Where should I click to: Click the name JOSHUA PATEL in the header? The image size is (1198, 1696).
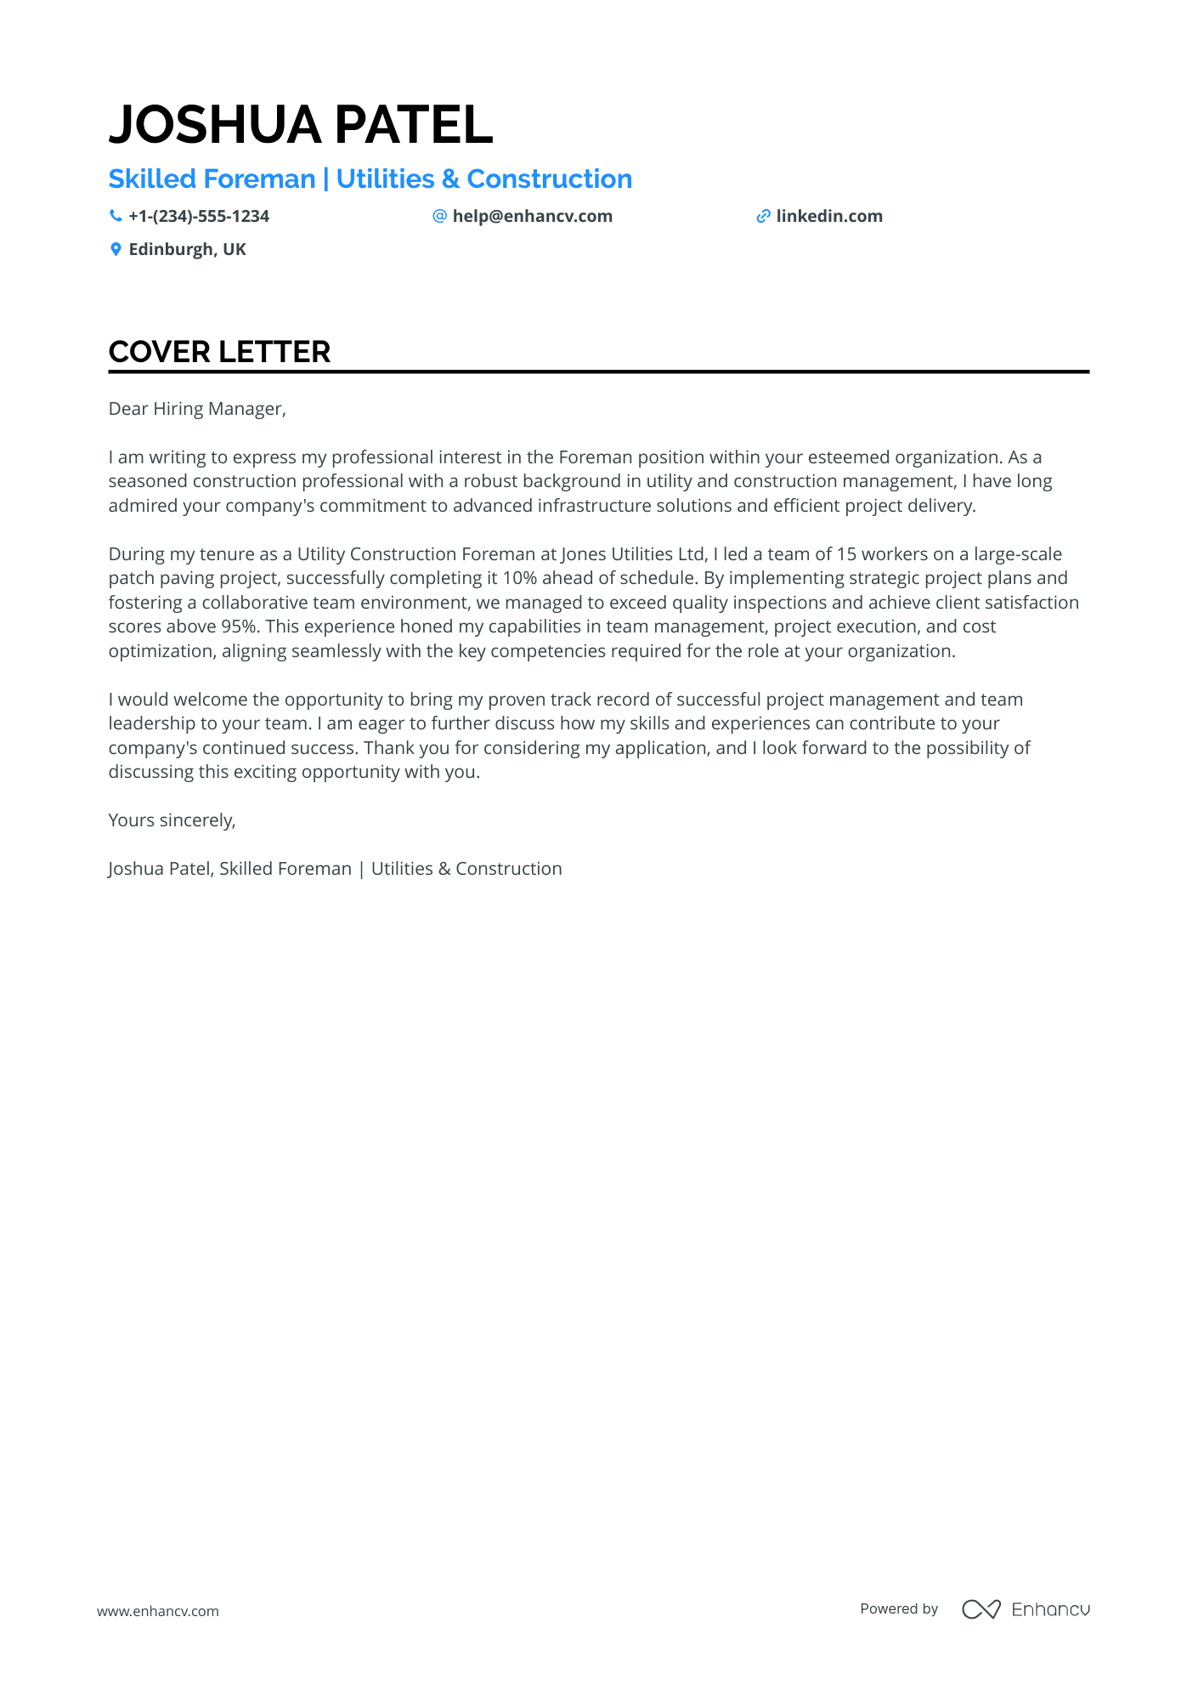[x=300, y=125]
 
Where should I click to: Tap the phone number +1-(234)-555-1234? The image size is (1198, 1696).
[x=199, y=217]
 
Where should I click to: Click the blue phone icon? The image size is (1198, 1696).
[x=116, y=217]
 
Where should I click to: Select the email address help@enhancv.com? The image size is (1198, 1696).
[x=532, y=217]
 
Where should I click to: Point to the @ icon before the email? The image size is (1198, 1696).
[x=439, y=217]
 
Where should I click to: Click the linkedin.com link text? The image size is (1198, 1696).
[x=829, y=217]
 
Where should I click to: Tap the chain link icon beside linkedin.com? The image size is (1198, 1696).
[x=763, y=217]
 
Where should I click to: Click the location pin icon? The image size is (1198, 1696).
[x=116, y=250]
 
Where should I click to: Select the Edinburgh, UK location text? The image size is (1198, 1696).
[x=187, y=250]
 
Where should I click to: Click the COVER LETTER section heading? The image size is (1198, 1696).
[x=219, y=352]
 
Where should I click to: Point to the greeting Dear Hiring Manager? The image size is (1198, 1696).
[x=196, y=409]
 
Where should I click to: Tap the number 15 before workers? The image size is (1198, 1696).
[x=846, y=554]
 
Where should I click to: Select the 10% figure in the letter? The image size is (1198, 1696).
[x=519, y=578]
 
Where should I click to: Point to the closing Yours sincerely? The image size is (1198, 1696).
[x=172, y=820]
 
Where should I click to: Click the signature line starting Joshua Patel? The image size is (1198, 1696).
[x=335, y=869]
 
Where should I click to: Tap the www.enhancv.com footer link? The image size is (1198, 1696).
[x=157, y=1611]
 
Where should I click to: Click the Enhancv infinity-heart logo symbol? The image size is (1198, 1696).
[x=980, y=1609]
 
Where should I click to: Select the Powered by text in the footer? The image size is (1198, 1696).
[x=899, y=1609]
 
